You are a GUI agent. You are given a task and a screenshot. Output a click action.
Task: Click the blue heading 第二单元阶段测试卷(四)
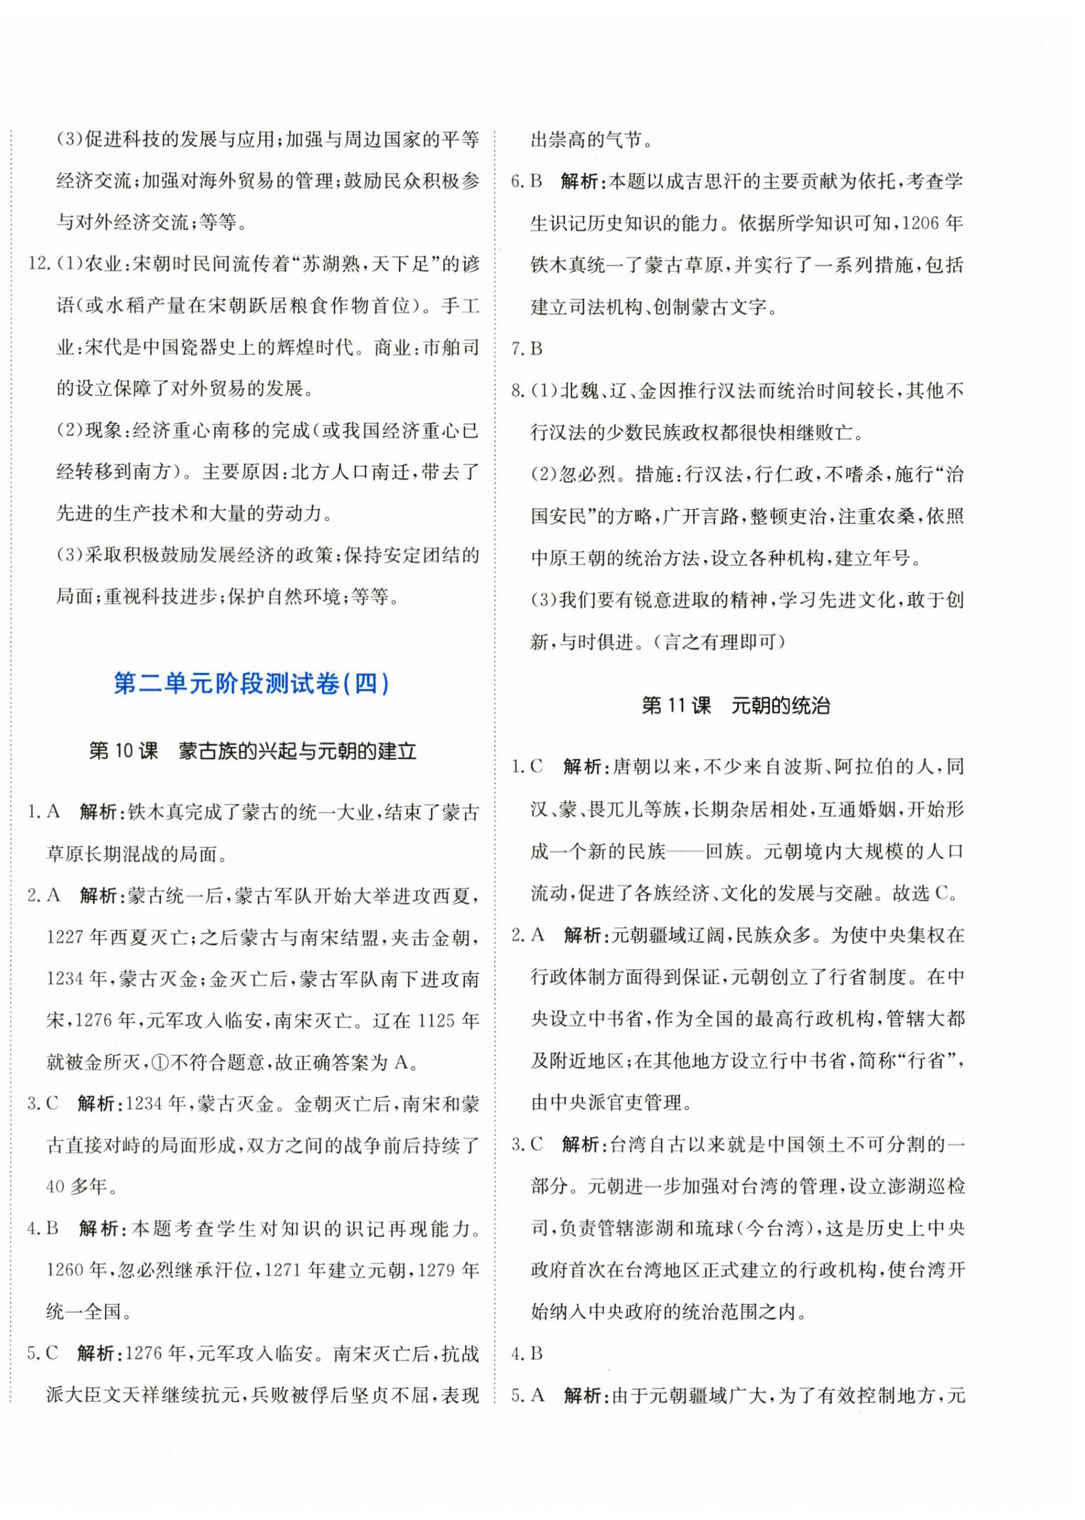coord(251,684)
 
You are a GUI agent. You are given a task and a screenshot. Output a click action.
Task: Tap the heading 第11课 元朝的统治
coord(736,706)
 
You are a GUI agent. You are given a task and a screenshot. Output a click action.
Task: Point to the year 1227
coord(65,937)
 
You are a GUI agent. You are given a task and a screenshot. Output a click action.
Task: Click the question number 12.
coord(39,264)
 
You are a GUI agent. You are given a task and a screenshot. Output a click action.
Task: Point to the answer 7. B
coord(527,348)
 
